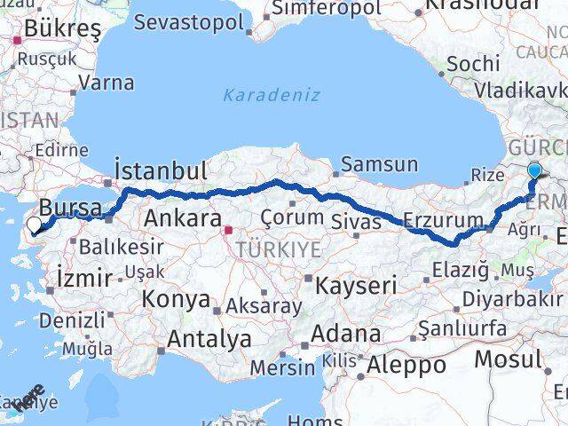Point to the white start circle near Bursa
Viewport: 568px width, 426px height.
[x=35, y=225]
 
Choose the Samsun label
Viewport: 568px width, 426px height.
[x=380, y=164]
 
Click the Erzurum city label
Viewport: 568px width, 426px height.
[x=443, y=219]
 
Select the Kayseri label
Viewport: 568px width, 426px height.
[x=354, y=285]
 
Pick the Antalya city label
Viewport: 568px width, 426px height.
[x=209, y=337]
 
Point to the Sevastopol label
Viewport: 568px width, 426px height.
[x=193, y=22]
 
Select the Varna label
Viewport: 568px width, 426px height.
[x=106, y=83]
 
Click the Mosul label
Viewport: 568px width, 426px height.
[x=507, y=359]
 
